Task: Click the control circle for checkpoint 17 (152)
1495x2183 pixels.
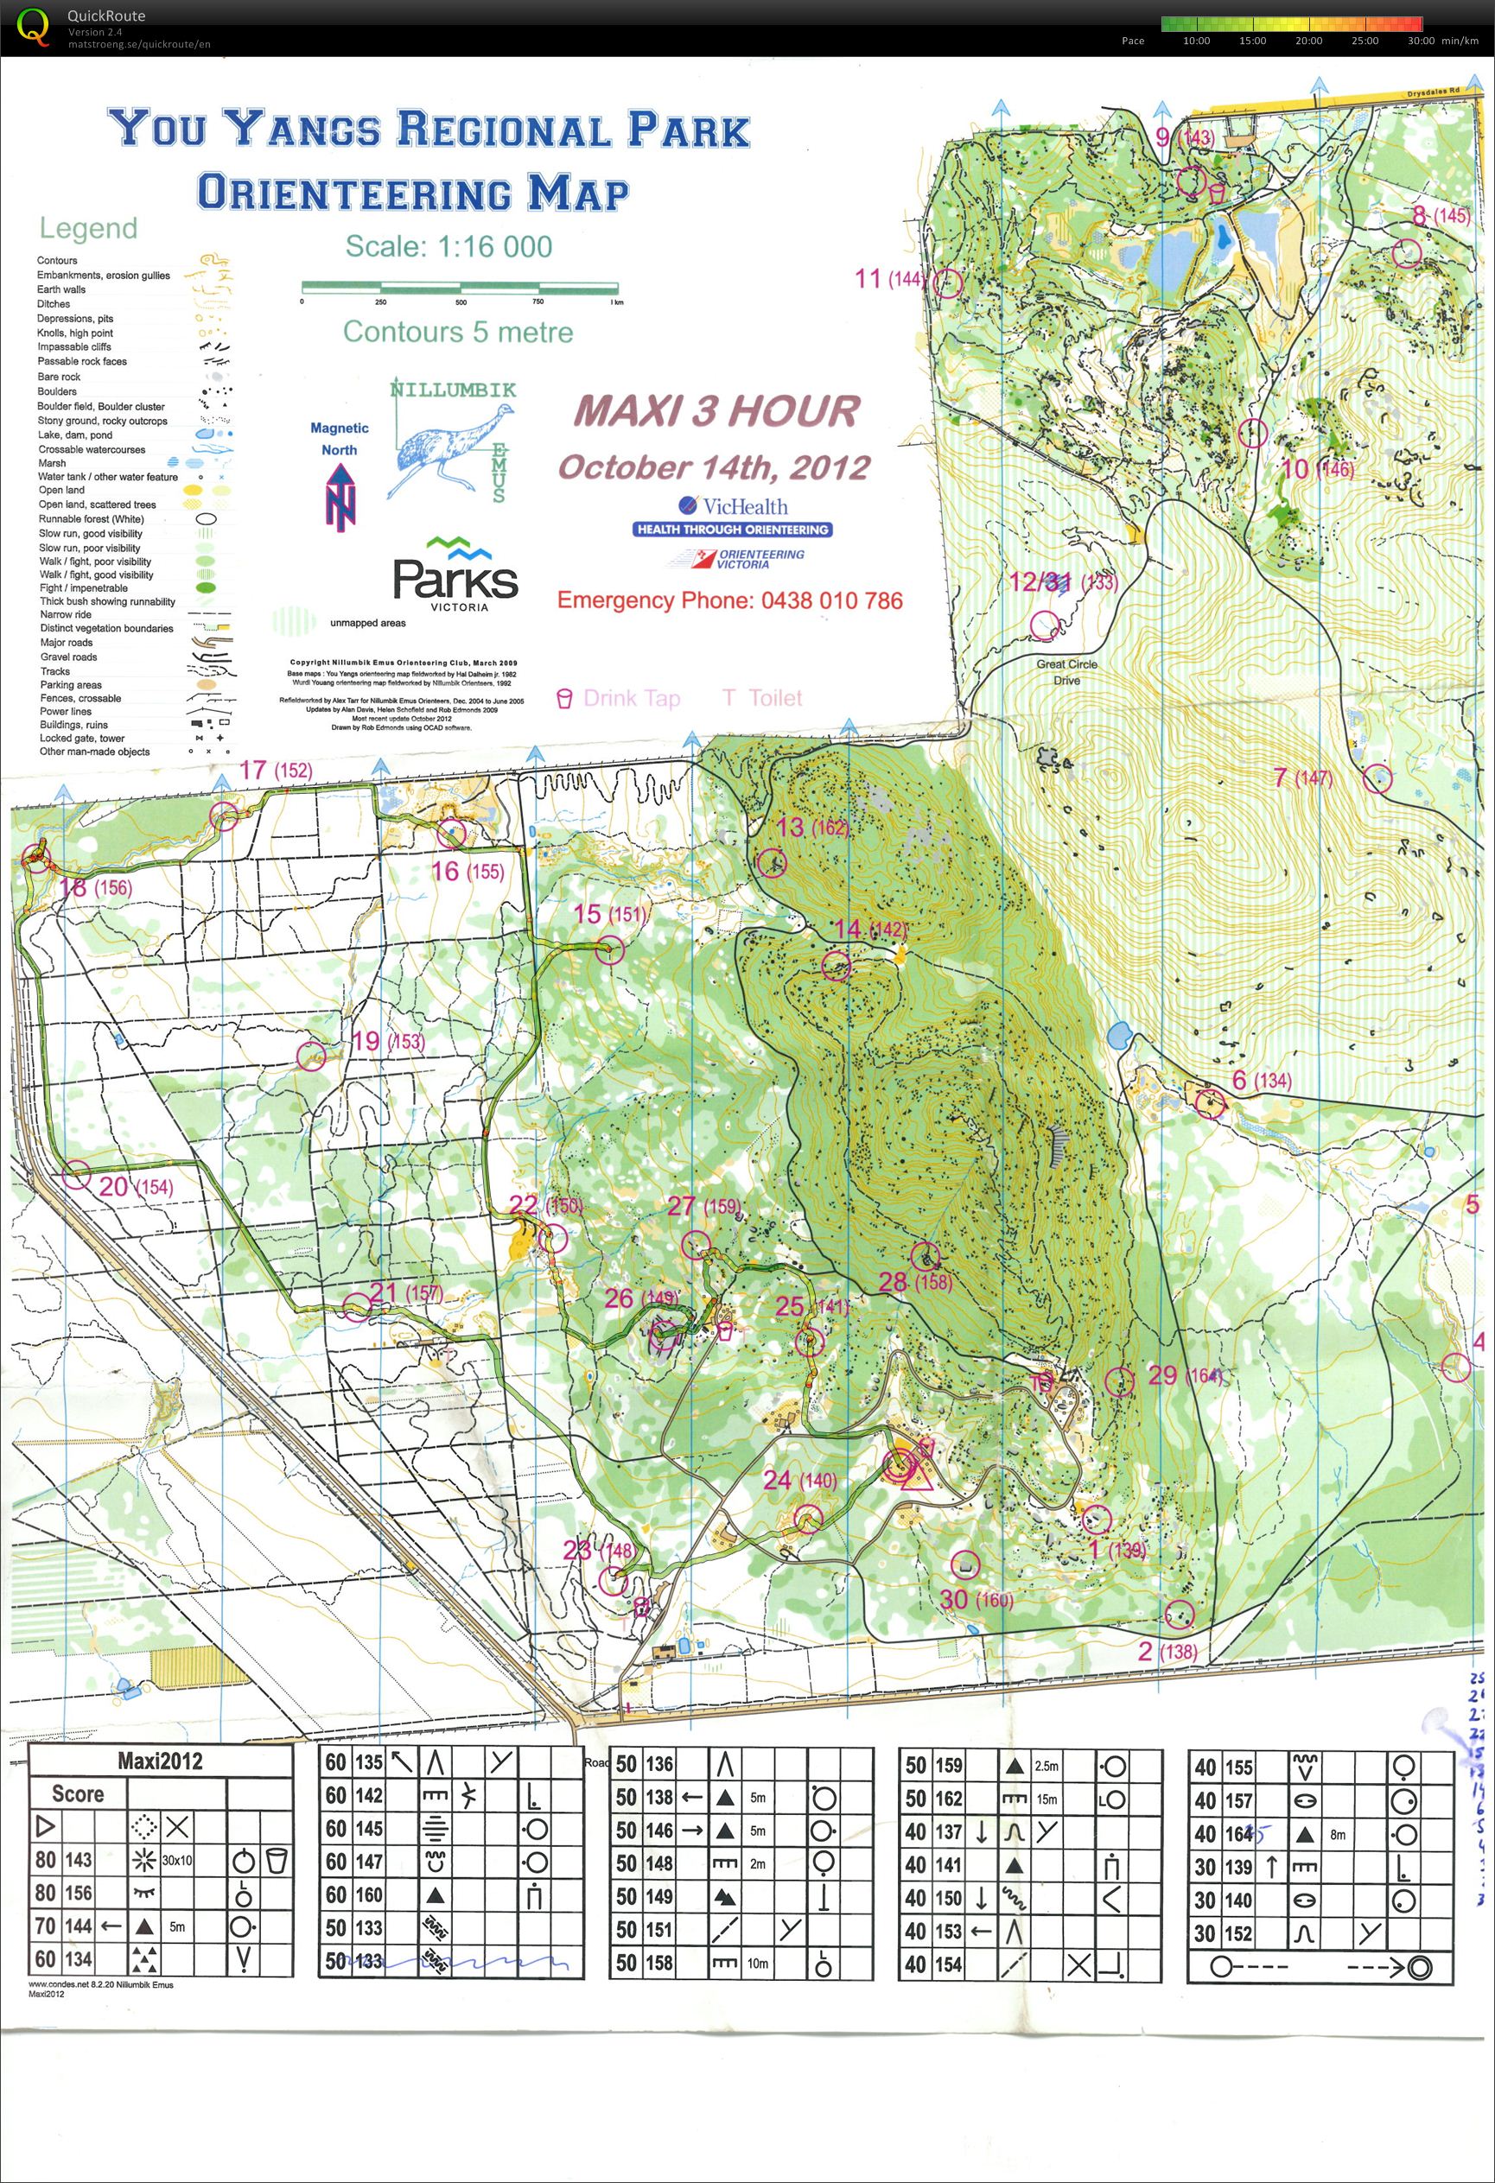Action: (225, 816)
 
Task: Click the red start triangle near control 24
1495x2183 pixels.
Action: (915, 1474)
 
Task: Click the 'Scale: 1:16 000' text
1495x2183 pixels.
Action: (448, 246)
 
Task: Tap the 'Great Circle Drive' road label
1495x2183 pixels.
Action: (1066, 671)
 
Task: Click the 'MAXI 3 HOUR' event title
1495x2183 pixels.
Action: (716, 410)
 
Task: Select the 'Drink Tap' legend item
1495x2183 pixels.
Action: (620, 698)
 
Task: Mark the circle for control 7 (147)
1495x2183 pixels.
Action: (1377, 778)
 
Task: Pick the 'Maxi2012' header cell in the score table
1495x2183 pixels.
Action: (160, 1761)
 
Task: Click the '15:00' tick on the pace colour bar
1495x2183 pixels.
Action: (1252, 41)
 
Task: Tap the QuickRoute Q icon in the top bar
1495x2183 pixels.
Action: (34, 25)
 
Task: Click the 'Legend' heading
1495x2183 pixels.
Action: (88, 228)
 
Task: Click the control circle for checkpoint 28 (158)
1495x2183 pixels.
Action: (926, 1256)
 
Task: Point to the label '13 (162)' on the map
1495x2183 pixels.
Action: (813, 828)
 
